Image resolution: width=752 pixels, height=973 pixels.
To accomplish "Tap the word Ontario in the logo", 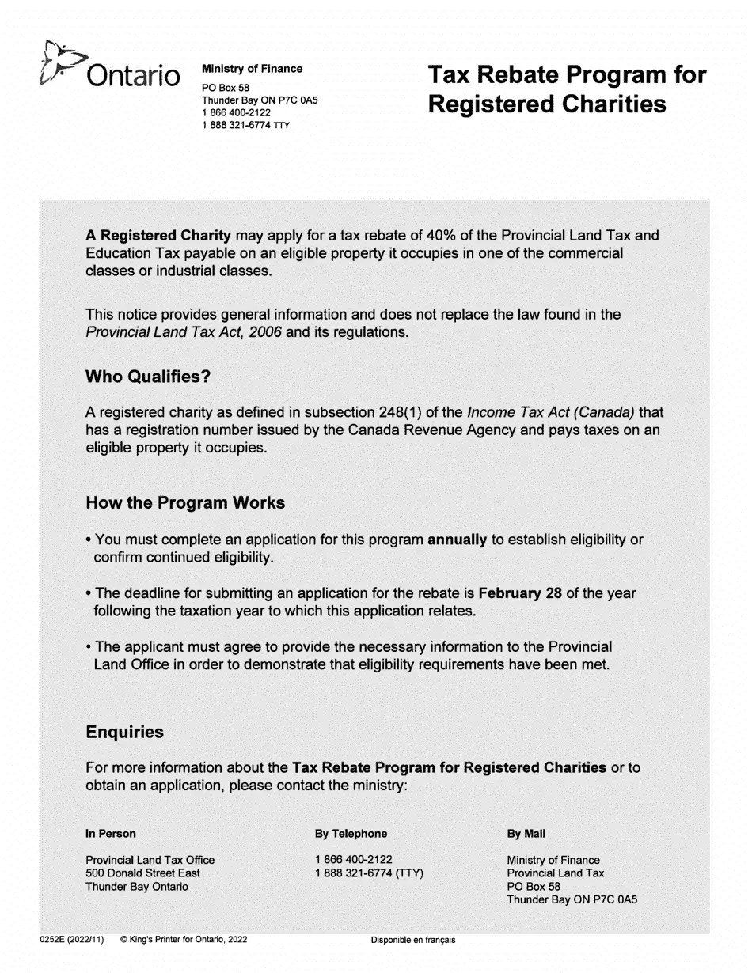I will click(x=133, y=76).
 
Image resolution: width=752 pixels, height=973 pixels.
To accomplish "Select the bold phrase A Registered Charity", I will click(x=158, y=236).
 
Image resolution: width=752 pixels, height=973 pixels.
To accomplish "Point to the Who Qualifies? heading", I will click(x=148, y=377).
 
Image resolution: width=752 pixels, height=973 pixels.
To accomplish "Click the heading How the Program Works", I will click(x=185, y=503).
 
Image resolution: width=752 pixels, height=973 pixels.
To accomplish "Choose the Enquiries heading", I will click(x=124, y=733).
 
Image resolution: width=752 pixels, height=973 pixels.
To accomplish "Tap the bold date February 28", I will click(x=520, y=593).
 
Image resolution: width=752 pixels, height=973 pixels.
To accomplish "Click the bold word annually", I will click(x=457, y=540).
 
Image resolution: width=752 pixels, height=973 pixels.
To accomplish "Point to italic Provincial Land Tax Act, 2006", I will click(x=184, y=332).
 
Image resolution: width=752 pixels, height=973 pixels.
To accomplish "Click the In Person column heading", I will click(x=111, y=834).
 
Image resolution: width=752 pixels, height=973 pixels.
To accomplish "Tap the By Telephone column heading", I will click(x=351, y=834).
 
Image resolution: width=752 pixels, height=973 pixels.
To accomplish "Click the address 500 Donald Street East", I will click(x=142, y=873).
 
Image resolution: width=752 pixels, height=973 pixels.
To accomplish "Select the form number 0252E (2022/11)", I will click(x=71, y=940).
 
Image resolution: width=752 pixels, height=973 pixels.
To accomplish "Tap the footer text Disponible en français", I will click(x=413, y=940).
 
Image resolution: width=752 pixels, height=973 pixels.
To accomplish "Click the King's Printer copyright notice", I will click(x=184, y=940).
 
